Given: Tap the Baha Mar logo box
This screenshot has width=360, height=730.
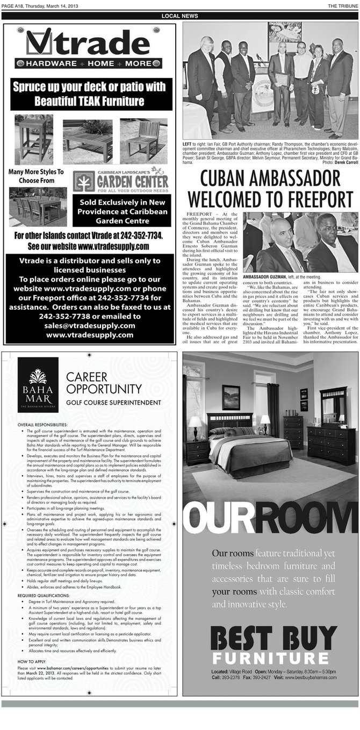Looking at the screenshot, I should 38,384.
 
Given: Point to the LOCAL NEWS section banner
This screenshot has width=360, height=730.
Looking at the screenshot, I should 179,16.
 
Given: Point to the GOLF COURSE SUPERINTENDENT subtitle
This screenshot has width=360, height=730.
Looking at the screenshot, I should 113,402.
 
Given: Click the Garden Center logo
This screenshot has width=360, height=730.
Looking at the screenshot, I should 121,181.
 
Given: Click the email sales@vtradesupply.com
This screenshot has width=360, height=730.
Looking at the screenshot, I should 90,326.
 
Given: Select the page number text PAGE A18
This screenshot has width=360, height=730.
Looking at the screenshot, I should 15,6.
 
